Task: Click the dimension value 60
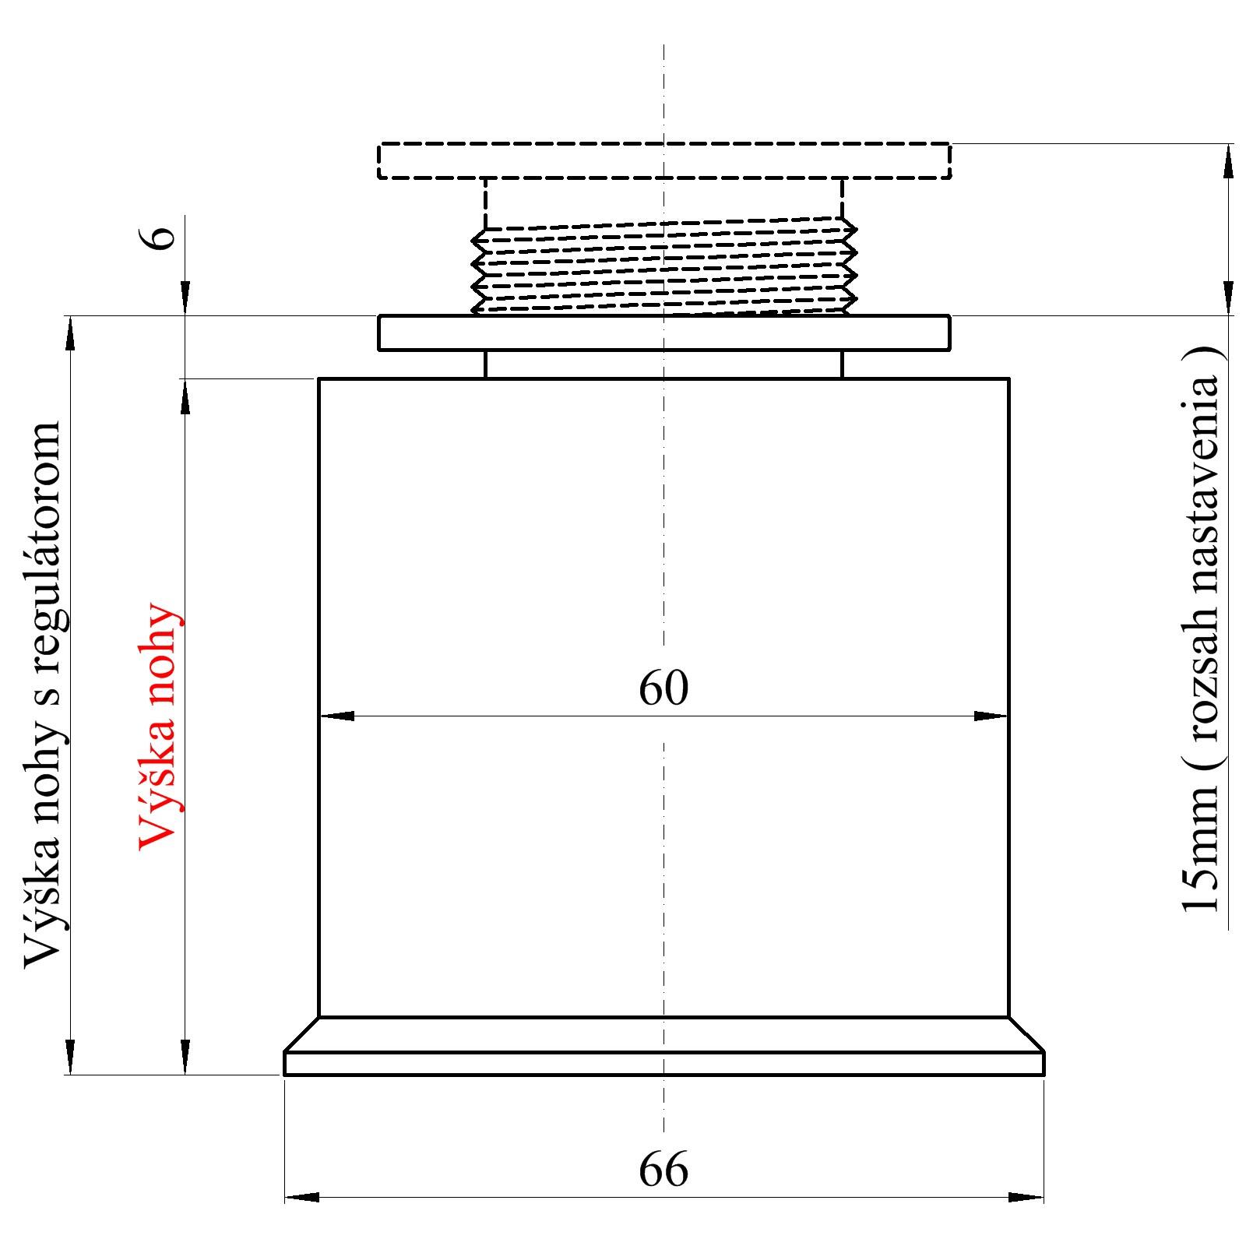[663, 688]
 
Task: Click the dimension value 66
[663, 1170]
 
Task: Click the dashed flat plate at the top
[664, 160]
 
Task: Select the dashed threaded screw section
[664, 266]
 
